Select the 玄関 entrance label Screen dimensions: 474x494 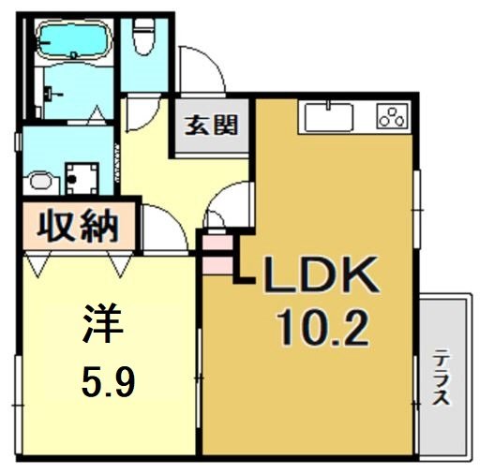(209, 123)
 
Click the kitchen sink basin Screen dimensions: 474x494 (327, 119)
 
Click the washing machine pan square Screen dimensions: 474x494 (82, 175)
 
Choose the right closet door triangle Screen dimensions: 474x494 (119, 266)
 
